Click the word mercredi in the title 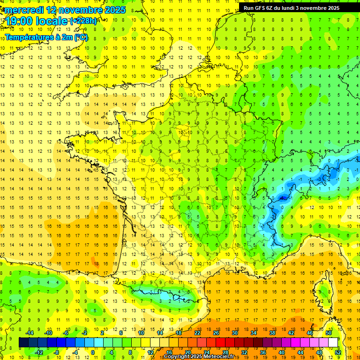pos(24,10)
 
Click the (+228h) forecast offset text pos(83,21)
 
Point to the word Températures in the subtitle pos(29,37)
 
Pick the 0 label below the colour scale pos(93,352)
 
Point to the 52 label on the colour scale pos(337,352)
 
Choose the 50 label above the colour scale pos(328,333)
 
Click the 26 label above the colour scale pos(216,333)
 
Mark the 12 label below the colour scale pos(150,352)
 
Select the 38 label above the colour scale pos(272,333)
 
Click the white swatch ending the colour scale pos(333,343)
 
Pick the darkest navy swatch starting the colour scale pos(23,343)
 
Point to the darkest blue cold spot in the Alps pos(283,198)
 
